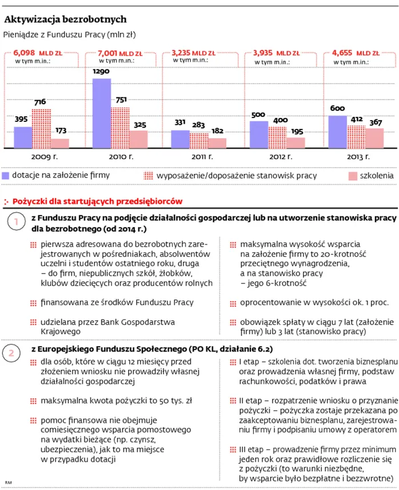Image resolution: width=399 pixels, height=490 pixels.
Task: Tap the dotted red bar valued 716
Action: click(42, 128)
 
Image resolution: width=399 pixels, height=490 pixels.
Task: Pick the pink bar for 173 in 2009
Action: click(59, 143)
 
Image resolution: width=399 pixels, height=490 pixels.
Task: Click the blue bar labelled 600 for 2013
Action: click(338, 131)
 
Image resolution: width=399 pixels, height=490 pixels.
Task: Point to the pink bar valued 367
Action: click(374, 137)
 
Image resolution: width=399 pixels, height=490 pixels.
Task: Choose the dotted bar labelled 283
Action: click(198, 140)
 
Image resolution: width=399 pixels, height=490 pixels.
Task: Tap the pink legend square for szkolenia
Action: click(352, 175)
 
